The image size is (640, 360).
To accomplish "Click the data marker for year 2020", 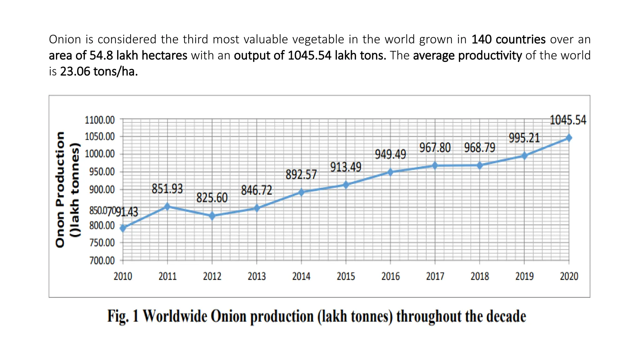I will [569, 138].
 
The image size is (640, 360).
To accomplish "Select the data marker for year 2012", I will [212, 216].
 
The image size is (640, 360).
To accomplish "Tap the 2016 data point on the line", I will [390, 172].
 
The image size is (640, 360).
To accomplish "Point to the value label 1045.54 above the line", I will [568, 120].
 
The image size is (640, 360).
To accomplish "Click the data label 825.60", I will [212, 198].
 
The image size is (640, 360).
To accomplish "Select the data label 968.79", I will [480, 148].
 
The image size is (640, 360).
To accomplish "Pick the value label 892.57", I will [301, 175].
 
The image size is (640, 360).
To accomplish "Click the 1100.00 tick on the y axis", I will [100, 120].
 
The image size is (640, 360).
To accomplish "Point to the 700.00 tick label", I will [102, 260].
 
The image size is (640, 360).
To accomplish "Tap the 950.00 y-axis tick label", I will [102, 172].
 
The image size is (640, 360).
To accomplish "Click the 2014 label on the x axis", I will [301, 276].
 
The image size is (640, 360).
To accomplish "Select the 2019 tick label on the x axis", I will [524, 276].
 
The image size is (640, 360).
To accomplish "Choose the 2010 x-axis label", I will [123, 276].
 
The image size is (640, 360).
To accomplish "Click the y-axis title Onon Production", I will [60, 189].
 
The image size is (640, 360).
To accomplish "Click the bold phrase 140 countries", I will [508, 39].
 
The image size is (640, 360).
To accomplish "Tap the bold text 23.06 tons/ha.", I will [99, 72].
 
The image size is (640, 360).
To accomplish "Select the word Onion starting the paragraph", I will [65, 39].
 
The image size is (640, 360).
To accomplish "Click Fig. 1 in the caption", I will [123, 316].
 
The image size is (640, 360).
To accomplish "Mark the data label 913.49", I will [346, 167].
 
